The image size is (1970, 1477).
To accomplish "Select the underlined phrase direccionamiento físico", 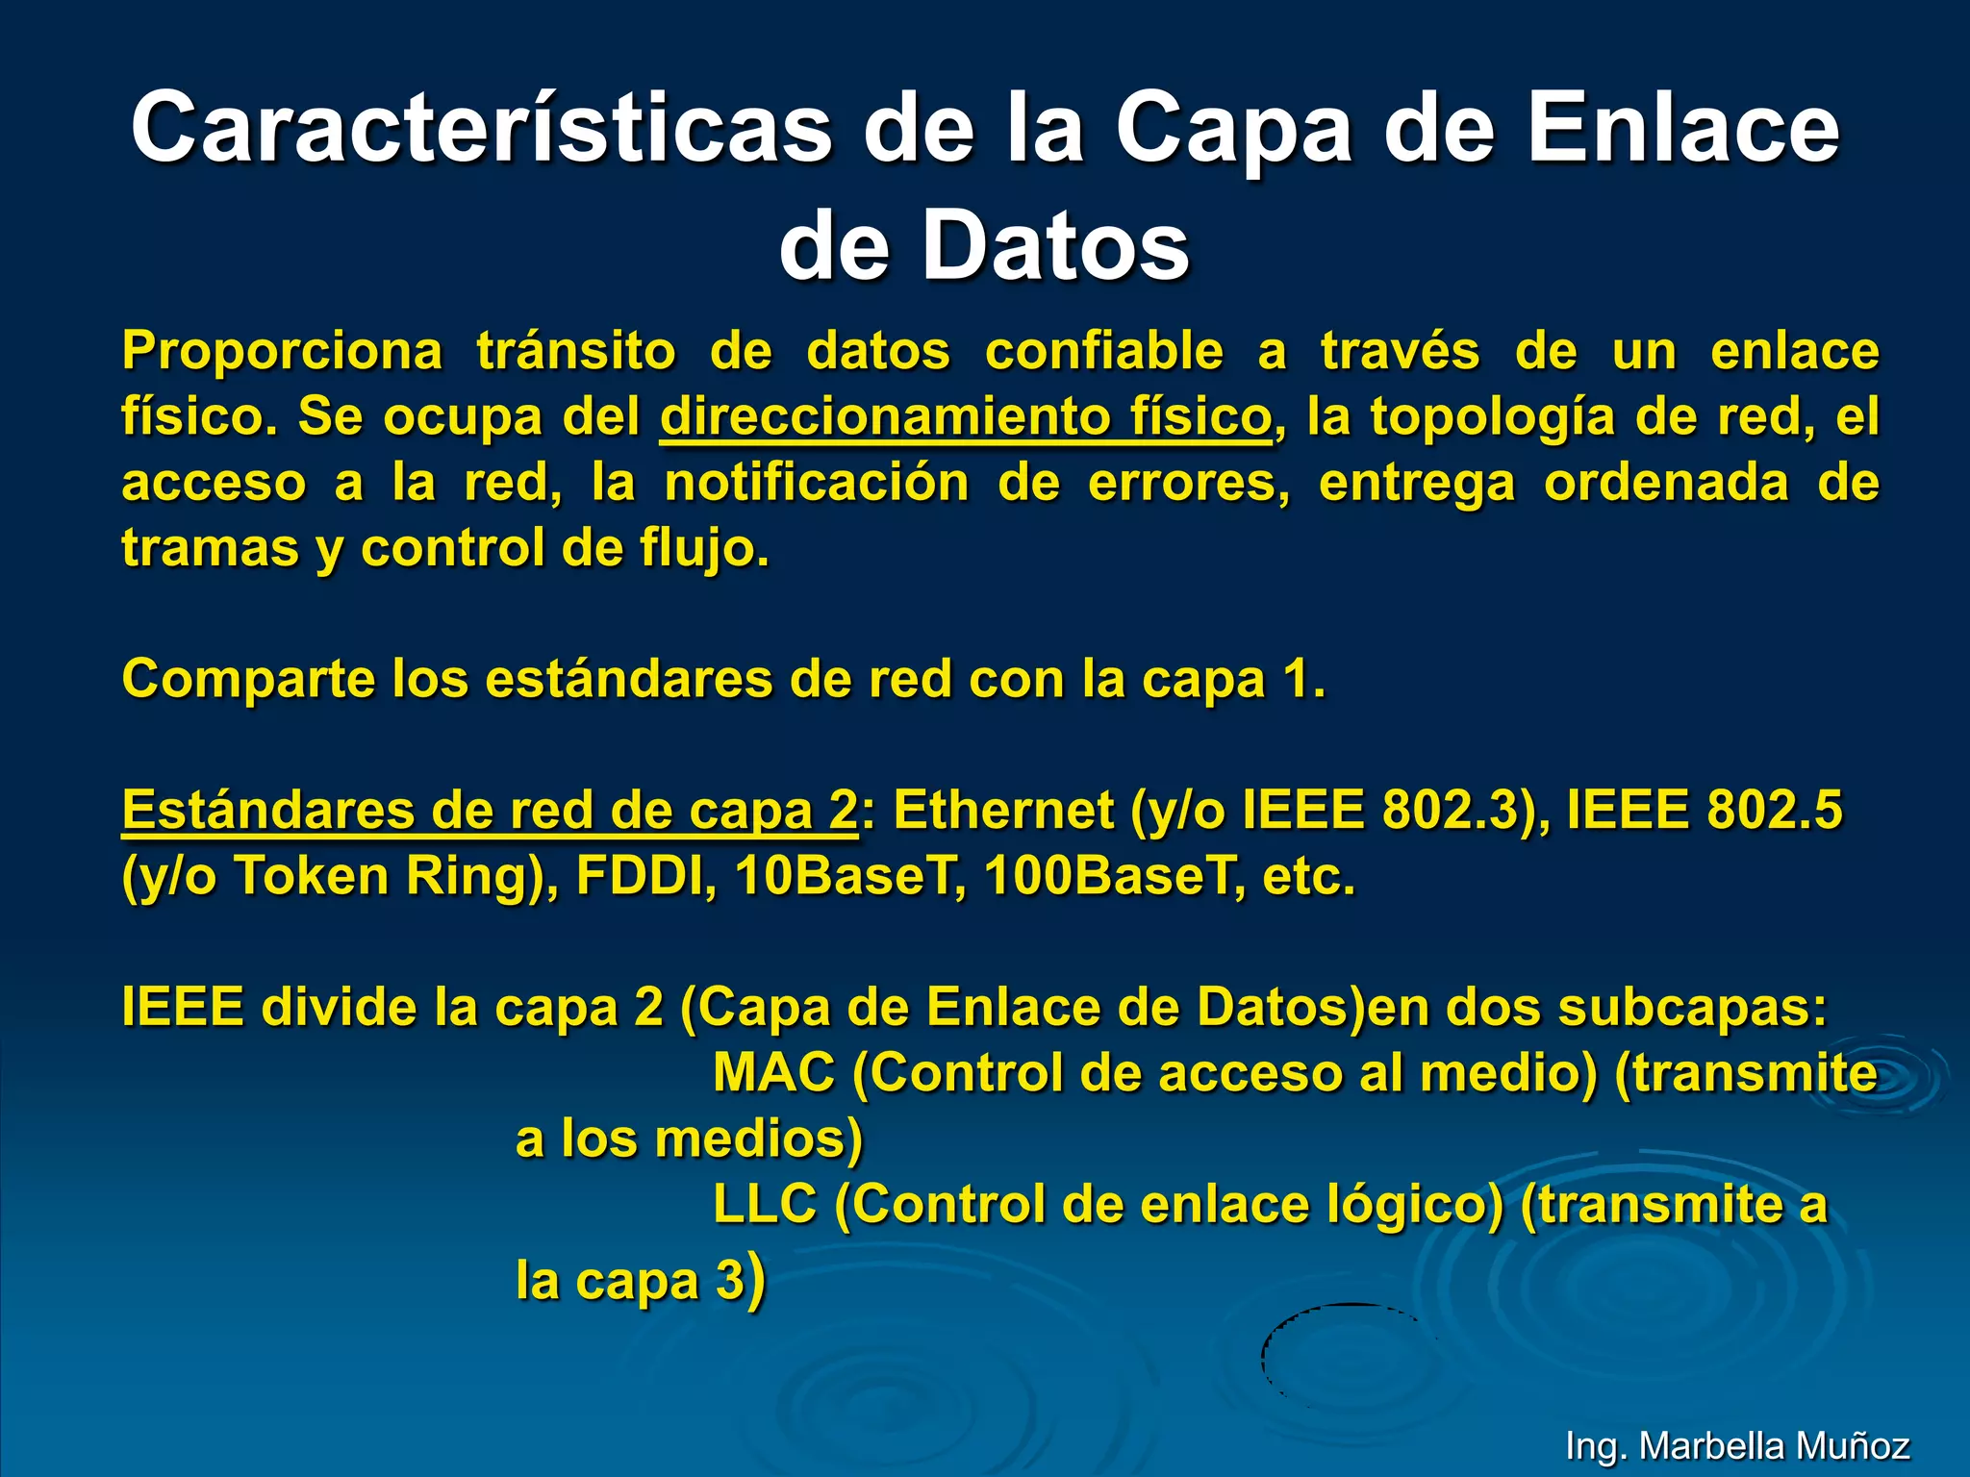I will tap(965, 417).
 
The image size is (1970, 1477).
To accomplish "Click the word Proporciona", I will tap(282, 351).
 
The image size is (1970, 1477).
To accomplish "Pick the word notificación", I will tap(817, 483).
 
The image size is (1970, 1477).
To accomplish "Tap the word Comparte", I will tap(247, 681).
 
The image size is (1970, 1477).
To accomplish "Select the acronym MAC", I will tap(773, 1073).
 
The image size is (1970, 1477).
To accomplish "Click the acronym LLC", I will tap(765, 1205).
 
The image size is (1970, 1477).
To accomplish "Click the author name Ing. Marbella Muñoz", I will tap(1737, 1446).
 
